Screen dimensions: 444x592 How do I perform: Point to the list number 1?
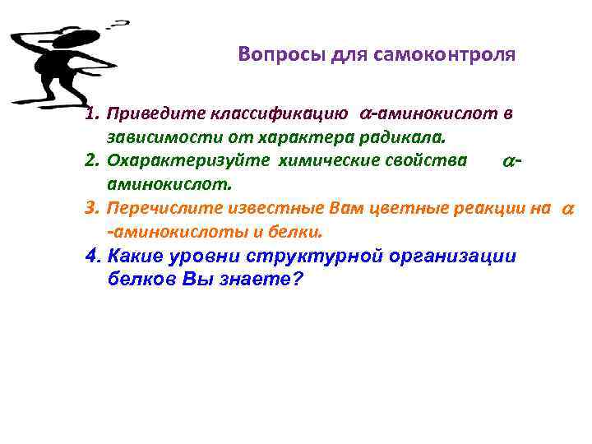pos(90,113)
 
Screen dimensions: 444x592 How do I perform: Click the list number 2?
pos(90,159)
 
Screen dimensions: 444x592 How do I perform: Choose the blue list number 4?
pos(92,256)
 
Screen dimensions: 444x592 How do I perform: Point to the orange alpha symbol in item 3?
pos(567,210)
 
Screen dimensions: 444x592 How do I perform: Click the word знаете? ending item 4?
pos(263,280)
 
